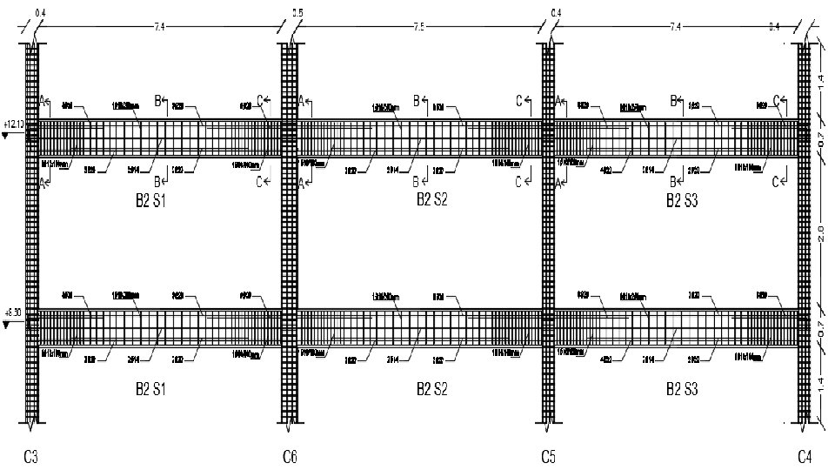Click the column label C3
32,455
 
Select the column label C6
291,455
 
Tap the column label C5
548,455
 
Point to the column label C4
805,455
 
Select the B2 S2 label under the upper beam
431,201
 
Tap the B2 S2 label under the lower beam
431,389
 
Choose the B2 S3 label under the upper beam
682,201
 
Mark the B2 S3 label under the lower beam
682,389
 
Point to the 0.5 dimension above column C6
297,13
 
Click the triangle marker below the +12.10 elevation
7,137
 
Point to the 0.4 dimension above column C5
557,13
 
